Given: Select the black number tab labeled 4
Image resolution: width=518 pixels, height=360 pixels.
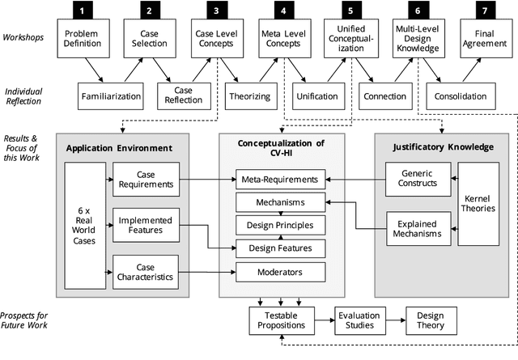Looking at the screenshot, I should (x=282, y=11).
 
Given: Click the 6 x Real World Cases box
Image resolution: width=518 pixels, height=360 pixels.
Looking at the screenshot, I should (x=84, y=225).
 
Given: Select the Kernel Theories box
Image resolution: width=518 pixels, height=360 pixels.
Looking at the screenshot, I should (x=478, y=204).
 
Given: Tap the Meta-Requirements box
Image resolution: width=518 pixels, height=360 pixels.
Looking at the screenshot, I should (x=280, y=179).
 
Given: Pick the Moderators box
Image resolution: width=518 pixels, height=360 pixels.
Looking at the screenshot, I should (x=280, y=272).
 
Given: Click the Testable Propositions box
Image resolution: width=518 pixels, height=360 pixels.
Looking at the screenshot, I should (x=280, y=320).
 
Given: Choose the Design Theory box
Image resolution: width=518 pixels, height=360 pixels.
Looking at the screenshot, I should (x=429, y=320).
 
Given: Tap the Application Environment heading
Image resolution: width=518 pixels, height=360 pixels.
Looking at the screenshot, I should (x=119, y=148).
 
